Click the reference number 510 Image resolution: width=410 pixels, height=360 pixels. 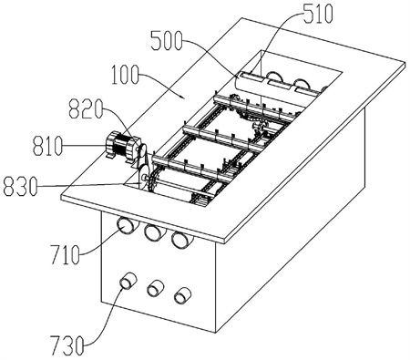click(x=318, y=14)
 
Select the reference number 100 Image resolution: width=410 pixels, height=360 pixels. click(x=125, y=75)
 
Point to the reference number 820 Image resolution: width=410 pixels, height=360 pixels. click(x=86, y=108)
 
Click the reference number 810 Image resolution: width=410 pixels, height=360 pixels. click(x=47, y=146)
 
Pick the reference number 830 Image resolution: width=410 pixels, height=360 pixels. click(x=20, y=186)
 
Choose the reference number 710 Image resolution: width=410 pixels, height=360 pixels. click(x=65, y=254)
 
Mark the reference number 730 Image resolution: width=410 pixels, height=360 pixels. click(x=67, y=345)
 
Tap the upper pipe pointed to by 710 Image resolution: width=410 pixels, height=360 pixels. click(x=128, y=226)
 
